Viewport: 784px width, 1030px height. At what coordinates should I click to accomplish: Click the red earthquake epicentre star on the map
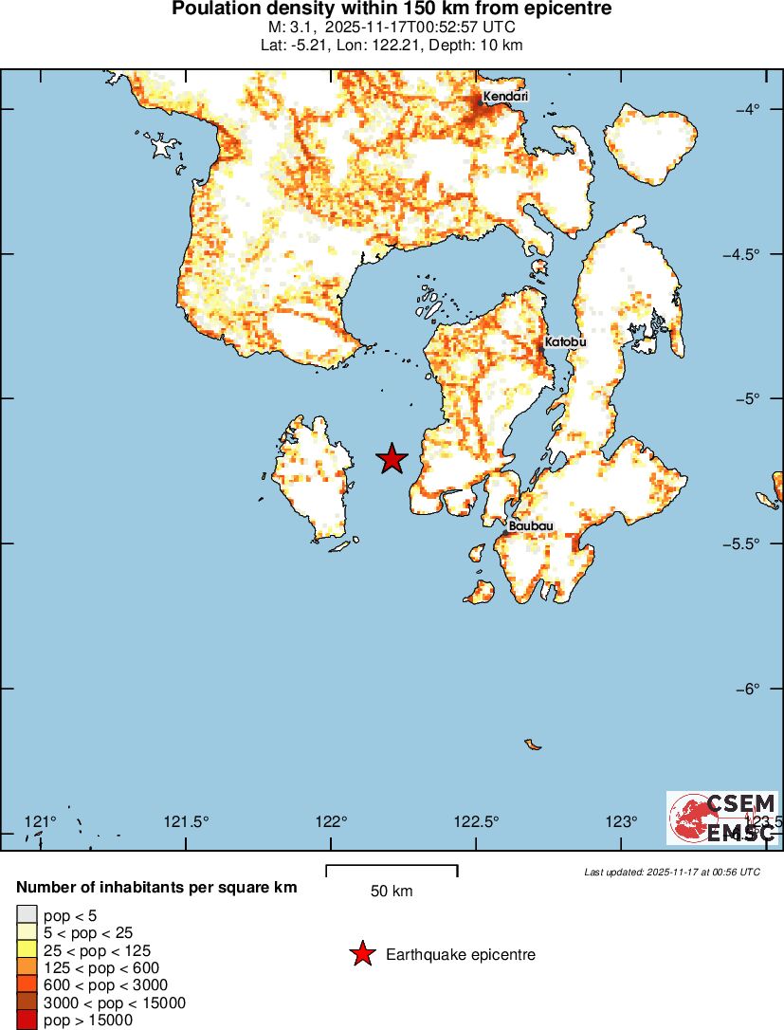point(392,459)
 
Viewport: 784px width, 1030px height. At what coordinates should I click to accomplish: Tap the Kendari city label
point(505,97)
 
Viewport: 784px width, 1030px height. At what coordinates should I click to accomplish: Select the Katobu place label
point(565,342)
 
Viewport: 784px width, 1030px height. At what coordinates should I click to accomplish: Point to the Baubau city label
point(531,525)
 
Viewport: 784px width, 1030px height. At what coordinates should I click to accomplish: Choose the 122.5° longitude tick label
point(477,821)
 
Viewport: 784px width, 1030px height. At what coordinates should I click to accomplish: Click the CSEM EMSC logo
point(722,818)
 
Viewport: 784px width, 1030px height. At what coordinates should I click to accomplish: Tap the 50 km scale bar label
point(392,892)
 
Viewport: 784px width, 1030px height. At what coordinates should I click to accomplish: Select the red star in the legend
point(362,954)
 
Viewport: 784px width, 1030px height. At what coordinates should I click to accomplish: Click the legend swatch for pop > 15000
point(27,1021)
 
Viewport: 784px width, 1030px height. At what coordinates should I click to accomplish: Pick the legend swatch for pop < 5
point(27,915)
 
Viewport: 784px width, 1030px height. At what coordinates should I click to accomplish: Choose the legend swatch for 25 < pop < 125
point(27,950)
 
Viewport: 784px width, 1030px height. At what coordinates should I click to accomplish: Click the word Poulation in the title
point(214,9)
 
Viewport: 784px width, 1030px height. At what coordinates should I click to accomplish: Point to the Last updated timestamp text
point(672,872)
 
